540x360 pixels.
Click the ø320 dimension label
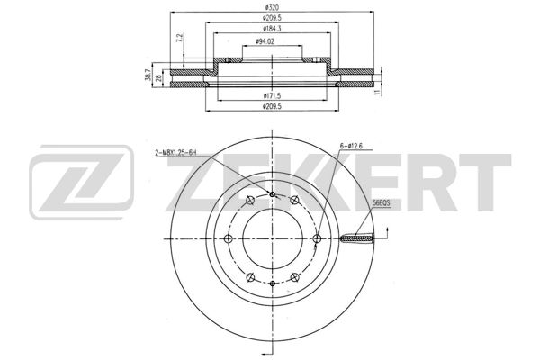pos(272,7)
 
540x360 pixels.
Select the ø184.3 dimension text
pos(272,29)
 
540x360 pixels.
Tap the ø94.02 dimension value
pos(265,41)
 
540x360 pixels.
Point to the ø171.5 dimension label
pos(272,95)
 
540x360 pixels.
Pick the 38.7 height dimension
pos(148,75)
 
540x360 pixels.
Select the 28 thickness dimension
pos(158,78)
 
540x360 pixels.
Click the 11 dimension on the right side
pos(378,92)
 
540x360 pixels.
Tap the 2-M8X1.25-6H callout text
pos(175,153)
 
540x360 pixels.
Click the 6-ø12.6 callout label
pos(351,146)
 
